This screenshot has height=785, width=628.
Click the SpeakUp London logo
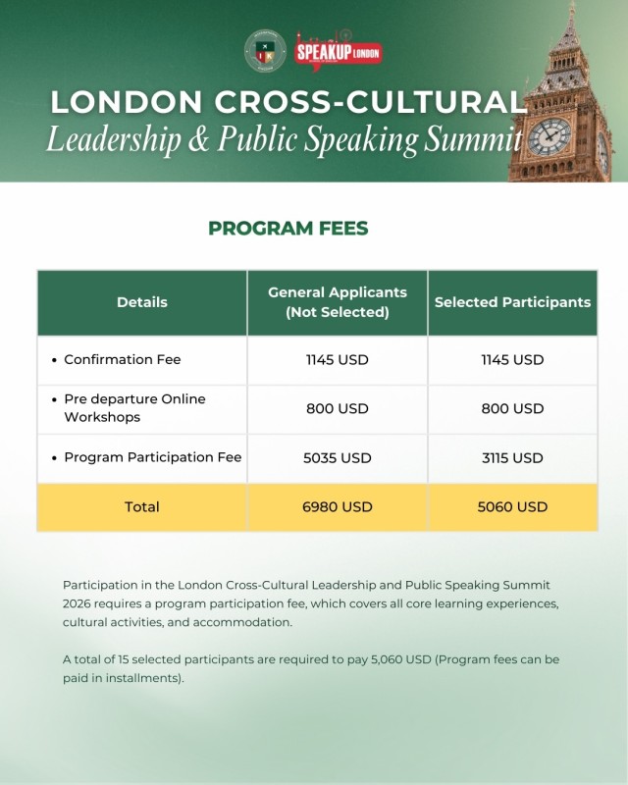(x=339, y=51)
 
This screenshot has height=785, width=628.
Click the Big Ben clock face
(x=549, y=136)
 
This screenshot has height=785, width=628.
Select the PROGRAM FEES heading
(x=288, y=229)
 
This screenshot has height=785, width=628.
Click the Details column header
(x=142, y=302)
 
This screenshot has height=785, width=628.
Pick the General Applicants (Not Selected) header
(x=338, y=302)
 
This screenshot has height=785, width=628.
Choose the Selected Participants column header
(x=512, y=302)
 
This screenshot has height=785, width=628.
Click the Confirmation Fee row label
(x=122, y=360)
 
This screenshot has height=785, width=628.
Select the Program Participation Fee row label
(x=152, y=457)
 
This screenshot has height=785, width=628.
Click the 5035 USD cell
(x=338, y=458)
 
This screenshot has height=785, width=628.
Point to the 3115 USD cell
(x=512, y=458)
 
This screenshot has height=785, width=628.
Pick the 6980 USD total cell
(x=338, y=507)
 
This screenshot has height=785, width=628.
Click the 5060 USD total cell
(x=512, y=507)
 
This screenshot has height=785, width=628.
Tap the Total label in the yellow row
(x=142, y=507)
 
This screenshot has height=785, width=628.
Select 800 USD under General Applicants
(x=338, y=408)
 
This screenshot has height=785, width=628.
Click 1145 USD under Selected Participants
(x=512, y=360)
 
